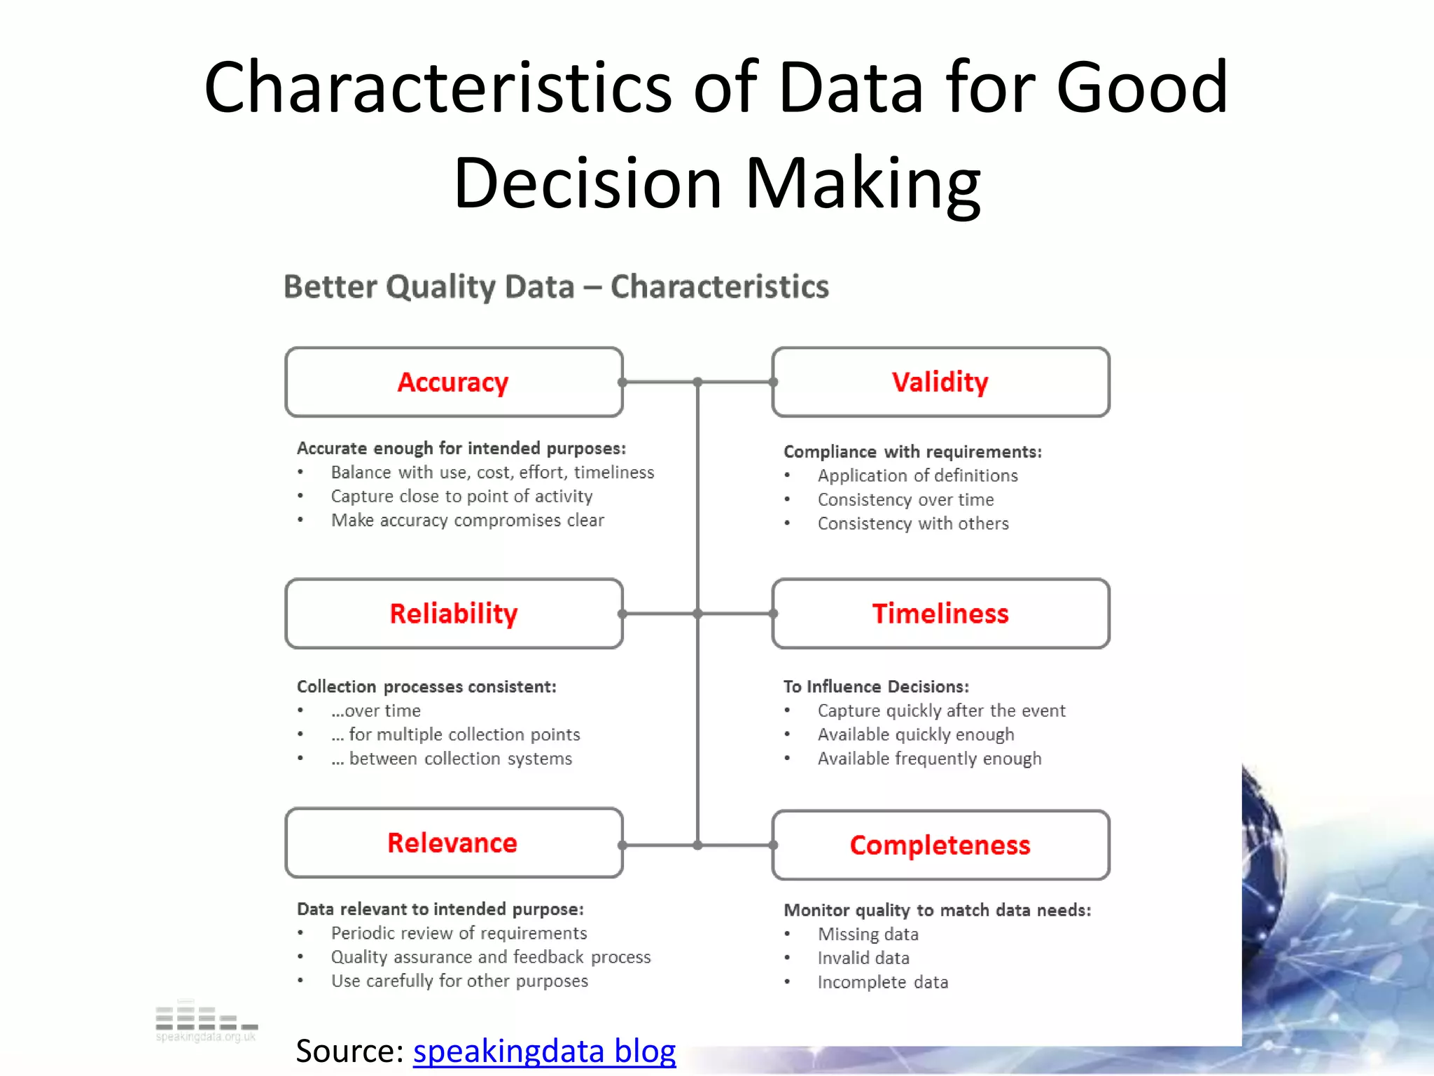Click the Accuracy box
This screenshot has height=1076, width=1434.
tap(454, 382)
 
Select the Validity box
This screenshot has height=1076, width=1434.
tap(940, 382)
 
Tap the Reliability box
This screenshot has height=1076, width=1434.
tap(454, 614)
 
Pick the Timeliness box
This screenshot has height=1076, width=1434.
tap(940, 614)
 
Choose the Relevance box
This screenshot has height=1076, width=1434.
tap(454, 843)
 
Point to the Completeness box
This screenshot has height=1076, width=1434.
tap(940, 846)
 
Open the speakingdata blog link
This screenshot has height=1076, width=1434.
tap(544, 1051)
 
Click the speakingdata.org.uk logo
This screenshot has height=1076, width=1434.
tap(206, 1023)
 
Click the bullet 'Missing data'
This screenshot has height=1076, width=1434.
tap(868, 934)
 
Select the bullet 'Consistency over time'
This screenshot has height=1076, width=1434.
tap(905, 500)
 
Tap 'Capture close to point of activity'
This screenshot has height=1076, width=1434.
tap(461, 497)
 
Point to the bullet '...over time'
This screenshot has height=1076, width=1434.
tap(376, 711)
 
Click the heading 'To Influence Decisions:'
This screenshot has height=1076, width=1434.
tap(876, 687)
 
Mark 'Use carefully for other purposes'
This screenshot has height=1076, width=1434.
tap(459, 981)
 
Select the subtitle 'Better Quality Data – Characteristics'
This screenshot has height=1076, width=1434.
tap(556, 287)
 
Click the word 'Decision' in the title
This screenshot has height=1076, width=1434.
tap(587, 184)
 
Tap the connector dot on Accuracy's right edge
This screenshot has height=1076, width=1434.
tap(622, 382)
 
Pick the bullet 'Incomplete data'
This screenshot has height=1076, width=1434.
tap(882, 982)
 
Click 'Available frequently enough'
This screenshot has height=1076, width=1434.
tap(929, 759)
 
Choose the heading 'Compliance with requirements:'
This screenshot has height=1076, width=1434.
tap(912, 452)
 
